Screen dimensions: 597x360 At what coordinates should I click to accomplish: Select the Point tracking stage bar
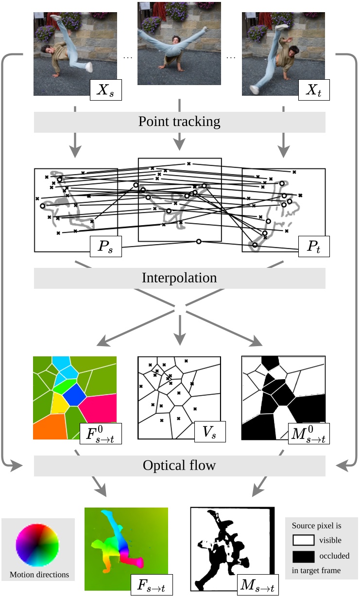(x=179, y=122)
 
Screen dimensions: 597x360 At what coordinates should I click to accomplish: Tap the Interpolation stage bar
(x=179, y=278)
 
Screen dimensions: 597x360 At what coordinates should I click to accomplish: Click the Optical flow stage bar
(x=179, y=465)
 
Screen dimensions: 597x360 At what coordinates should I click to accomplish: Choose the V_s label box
(x=210, y=431)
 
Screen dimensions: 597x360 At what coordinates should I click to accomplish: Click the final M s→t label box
(x=257, y=584)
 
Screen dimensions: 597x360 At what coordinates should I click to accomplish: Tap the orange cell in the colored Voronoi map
(x=49, y=427)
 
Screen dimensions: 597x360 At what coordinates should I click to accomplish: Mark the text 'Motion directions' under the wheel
(x=39, y=575)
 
